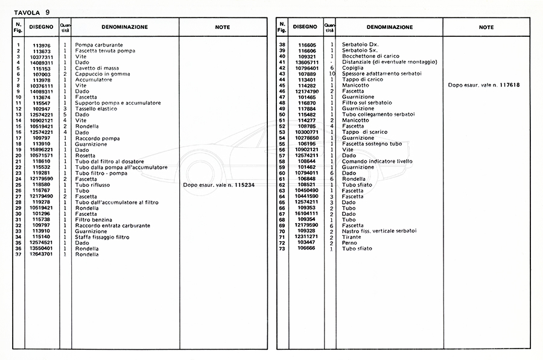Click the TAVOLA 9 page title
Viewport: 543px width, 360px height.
coord(31,11)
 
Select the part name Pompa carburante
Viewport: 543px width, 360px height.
coord(99,45)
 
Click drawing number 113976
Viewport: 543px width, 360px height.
coord(42,45)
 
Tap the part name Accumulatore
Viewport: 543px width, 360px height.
coord(94,80)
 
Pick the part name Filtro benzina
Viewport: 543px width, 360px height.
coord(94,219)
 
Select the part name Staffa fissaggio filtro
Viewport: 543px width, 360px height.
coord(102,237)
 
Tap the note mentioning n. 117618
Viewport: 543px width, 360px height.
coord(484,86)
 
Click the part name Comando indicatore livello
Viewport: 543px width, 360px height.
coord(378,162)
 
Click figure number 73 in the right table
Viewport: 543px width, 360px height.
coord(282,248)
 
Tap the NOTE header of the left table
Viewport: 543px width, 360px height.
coord(223,27)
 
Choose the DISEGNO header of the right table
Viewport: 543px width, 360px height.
coord(305,27)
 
